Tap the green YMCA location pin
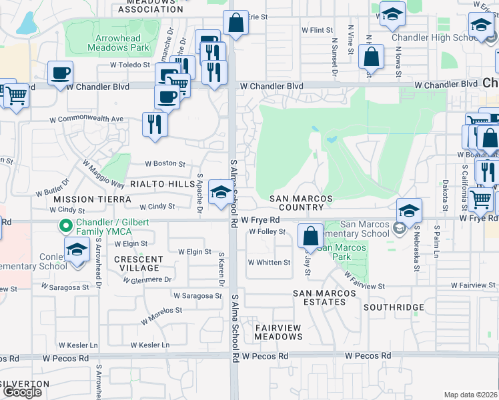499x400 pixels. [65, 226]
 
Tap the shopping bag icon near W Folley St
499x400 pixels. [310, 235]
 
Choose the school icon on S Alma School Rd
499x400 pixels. [220, 192]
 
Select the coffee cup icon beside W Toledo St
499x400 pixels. [60, 72]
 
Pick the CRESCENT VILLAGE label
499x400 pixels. [139, 263]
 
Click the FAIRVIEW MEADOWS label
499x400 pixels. [278, 332]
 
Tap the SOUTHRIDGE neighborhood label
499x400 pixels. [394, 307]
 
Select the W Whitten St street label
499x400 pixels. [269, 263]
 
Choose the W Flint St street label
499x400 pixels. [317, 31]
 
